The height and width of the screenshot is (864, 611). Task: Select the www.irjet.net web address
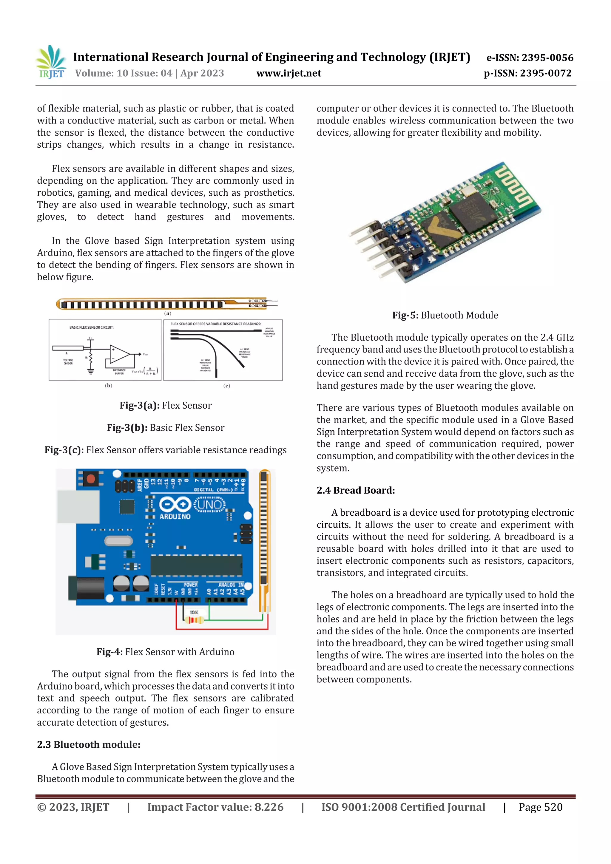289,73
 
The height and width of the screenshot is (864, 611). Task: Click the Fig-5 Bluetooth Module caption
445,315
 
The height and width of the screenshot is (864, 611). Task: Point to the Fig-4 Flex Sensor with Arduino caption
165,652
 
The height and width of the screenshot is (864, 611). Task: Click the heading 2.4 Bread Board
355,490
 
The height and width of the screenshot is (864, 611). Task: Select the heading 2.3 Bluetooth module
89,744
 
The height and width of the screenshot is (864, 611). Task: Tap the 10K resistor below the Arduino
194,619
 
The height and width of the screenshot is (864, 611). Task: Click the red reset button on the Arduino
90,479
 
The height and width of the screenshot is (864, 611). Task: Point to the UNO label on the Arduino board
209,504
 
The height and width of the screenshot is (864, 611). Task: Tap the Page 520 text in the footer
540,807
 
